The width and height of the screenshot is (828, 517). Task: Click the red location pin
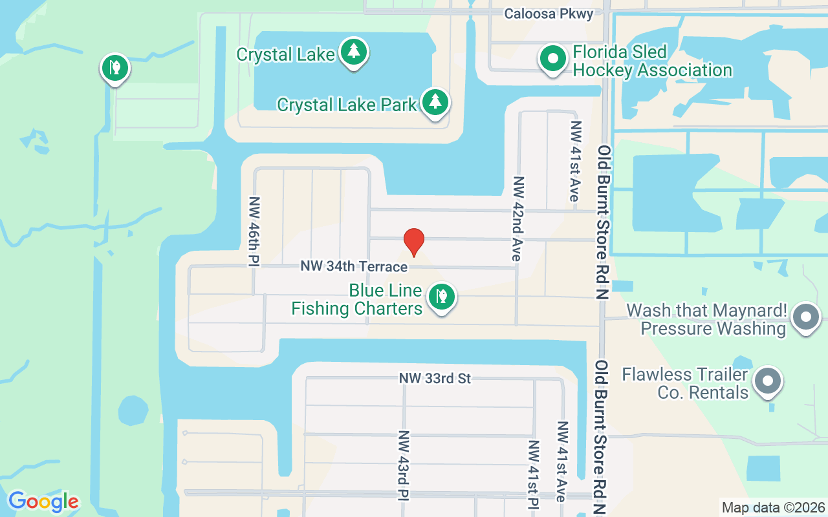click(x=414, y=242)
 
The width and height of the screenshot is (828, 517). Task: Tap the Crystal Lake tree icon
click(x=353, y=51)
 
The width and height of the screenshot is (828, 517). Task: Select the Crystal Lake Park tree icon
click(x=436, y=101)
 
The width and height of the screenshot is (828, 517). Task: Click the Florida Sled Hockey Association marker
click(x=552, y=58)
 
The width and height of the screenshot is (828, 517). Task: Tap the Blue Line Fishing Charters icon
click(x=442, y=297)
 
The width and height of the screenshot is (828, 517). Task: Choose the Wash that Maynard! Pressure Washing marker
click(x=805, y=317)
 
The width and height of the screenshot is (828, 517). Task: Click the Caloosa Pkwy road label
click(x=549, y=14)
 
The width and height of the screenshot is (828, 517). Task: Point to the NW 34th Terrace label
click(x=354, y=266)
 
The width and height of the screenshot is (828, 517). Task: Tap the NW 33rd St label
click(x=435, y=378)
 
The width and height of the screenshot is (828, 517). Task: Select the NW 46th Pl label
click(x=254, y=231)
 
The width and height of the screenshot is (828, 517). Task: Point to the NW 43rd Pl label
click(x=403, y=465)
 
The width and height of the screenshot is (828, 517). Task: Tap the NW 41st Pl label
click(x=534, y=475)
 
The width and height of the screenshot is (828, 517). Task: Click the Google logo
click(x=43, y=501)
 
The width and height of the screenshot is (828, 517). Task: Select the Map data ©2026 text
click(x=774, y=507)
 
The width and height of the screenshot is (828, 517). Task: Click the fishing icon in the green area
click(x=115, y=67)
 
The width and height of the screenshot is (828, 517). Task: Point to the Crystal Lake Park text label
click(x=347, y=105)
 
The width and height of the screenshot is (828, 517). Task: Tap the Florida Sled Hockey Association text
click(x=652, y=61)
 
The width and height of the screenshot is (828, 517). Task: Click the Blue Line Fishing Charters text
click(x=357, y=300)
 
